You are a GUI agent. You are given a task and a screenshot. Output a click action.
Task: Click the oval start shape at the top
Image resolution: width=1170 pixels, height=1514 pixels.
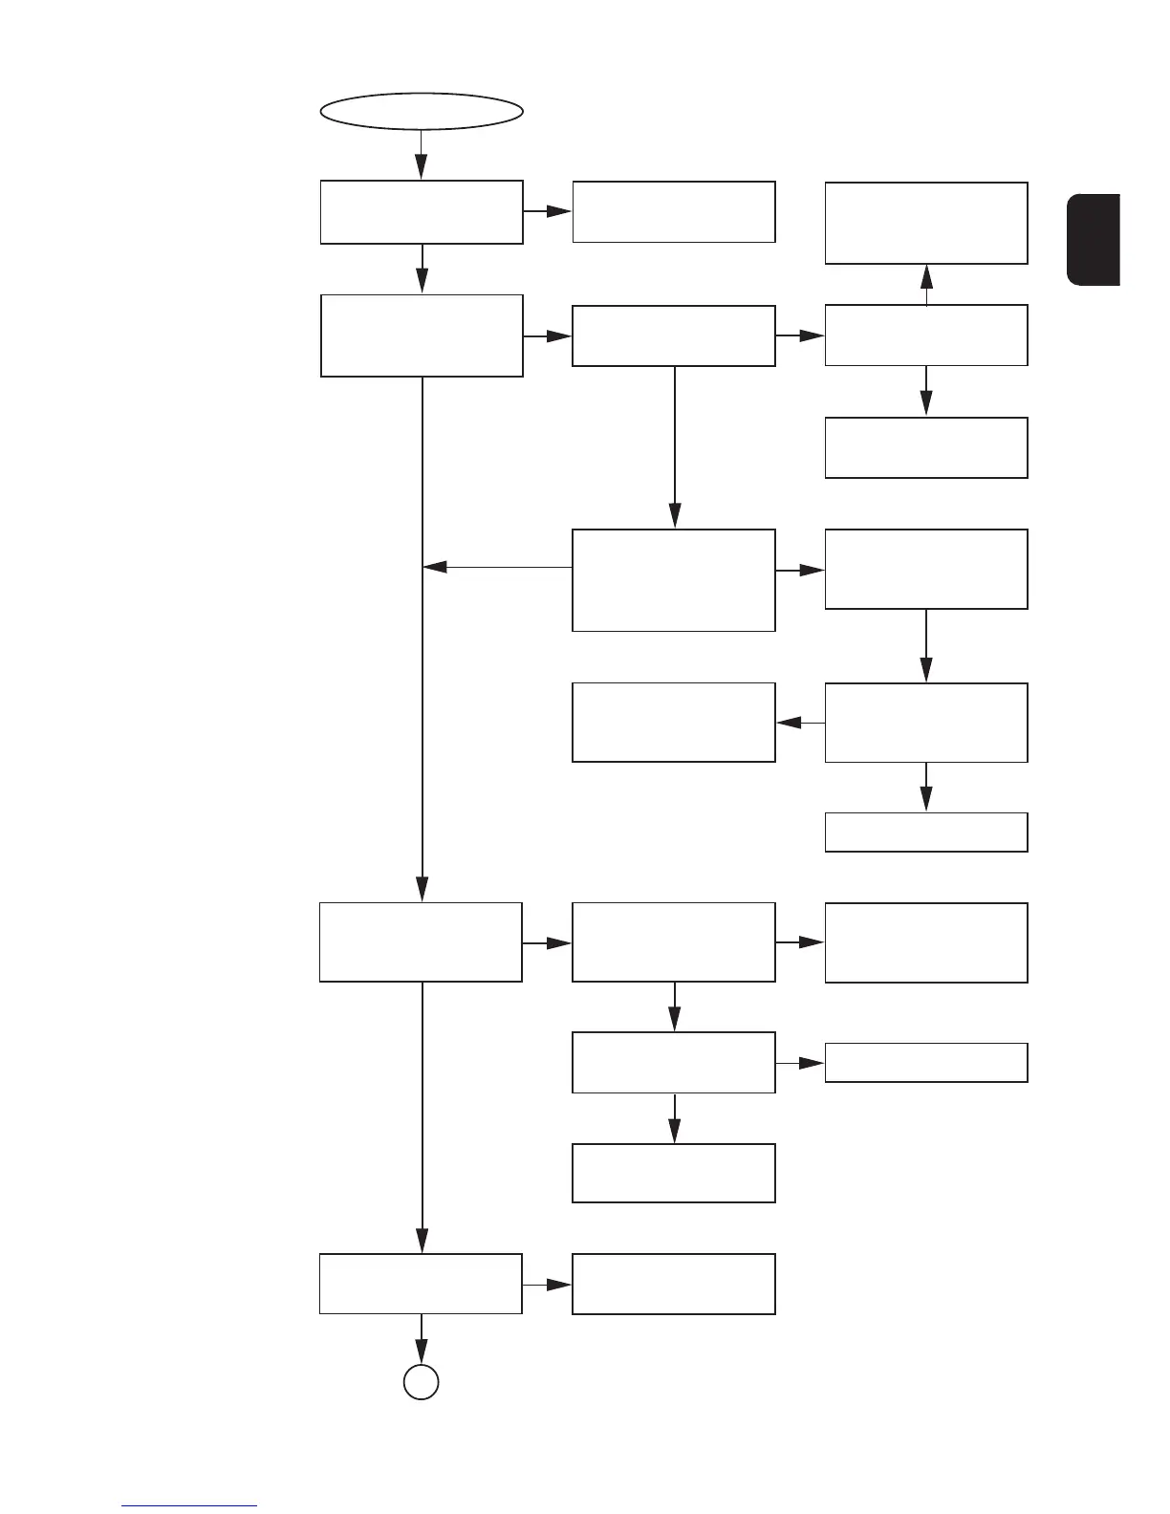coord(422,110)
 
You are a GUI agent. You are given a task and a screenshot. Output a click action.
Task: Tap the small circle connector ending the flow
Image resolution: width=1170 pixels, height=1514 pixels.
coord(422,1382)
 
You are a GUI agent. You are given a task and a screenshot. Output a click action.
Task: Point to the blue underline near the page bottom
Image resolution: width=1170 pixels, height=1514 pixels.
coord(189,1505)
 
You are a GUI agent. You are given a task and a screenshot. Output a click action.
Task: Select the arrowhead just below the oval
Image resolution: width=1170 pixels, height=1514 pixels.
coord(422,168)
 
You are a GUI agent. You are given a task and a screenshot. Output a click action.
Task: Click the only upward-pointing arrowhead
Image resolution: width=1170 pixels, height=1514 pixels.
coord(926,277)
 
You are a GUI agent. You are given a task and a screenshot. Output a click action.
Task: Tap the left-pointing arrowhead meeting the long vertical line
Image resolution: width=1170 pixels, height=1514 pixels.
coord(435,568)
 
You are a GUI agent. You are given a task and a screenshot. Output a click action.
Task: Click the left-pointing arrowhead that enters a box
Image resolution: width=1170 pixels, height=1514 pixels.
coord(789,724)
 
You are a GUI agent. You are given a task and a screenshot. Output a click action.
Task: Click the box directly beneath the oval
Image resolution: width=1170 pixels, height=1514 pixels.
coord(422,211)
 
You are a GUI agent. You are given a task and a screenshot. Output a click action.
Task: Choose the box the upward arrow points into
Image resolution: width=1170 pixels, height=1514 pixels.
coord(926,223)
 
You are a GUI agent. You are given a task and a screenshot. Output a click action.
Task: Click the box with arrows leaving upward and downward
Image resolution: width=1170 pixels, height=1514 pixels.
coord(926,335)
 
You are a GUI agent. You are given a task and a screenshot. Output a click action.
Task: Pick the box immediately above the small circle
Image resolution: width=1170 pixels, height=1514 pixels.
coord(422,1284)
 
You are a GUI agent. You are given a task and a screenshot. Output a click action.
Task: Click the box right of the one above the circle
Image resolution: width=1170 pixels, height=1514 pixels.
coord(674,1284)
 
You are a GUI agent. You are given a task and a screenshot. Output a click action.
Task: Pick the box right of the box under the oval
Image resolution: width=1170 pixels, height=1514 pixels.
coord(674,211)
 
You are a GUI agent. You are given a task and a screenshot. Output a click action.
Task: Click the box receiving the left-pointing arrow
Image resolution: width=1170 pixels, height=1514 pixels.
coord(674,723)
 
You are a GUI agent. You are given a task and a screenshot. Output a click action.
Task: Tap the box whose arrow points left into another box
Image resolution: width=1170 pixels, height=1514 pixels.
coord(926,723)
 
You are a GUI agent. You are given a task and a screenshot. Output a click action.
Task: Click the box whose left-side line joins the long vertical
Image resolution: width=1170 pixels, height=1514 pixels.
coord(674,580)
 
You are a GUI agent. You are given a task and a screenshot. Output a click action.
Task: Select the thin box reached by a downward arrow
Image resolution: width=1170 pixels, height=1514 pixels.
coord(926,832)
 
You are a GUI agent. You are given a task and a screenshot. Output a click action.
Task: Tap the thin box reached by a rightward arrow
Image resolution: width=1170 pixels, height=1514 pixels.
coord(926,1062)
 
